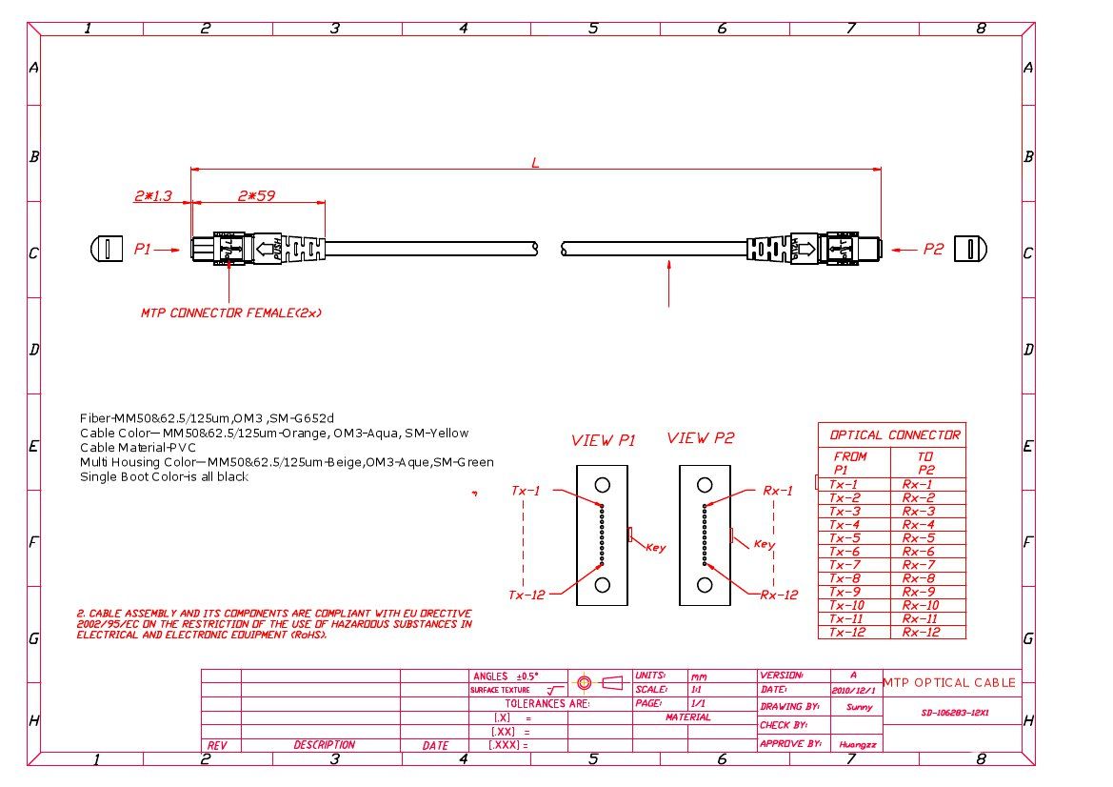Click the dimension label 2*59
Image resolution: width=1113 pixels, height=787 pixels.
point(256,196)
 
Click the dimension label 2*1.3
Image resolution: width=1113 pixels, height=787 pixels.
point(152,196)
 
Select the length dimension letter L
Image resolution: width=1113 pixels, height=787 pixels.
point(535,163)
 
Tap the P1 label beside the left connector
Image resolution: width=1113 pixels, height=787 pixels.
point(143,250)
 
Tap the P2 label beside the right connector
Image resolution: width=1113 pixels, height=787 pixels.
point(933,250)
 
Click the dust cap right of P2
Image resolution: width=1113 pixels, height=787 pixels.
point(970,250)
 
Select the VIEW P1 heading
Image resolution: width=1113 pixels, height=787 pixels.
point(603,441)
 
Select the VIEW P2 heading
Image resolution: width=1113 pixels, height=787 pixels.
point(701,438)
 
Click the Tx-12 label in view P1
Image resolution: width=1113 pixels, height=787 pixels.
point(527,595)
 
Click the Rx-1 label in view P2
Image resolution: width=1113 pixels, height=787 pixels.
point(777,491)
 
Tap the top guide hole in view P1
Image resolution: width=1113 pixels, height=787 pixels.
point(602,485)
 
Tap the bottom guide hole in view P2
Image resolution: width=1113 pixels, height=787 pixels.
point(705,585)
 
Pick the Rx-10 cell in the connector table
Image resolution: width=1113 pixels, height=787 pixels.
point(920,605)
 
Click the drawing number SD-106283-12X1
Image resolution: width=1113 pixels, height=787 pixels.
point(954,712)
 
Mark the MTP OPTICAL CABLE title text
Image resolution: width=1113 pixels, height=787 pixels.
point(949,683)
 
